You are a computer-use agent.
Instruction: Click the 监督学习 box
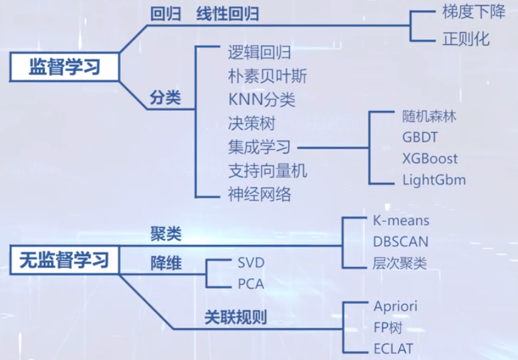[x=65, y=66]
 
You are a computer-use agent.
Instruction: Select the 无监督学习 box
[x=65, y=259]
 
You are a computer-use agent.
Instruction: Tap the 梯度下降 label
[x=474, y=13]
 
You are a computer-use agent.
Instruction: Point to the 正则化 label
[x=466, y=39]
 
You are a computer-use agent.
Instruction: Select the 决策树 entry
[x=252, y=123]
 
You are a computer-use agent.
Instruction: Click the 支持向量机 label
[x=267, y=171]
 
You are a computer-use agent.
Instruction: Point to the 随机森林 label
[x=430, y=116]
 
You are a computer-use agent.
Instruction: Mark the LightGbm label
[x=434, y=180]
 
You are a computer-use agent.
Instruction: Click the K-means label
[x=401, y=220]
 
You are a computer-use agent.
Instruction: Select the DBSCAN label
[x=401, y=242]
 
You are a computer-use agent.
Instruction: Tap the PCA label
[x=251, y=284]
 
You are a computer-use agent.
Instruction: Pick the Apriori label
[x=395, y=307]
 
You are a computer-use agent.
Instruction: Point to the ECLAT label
[x=393, y=349]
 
